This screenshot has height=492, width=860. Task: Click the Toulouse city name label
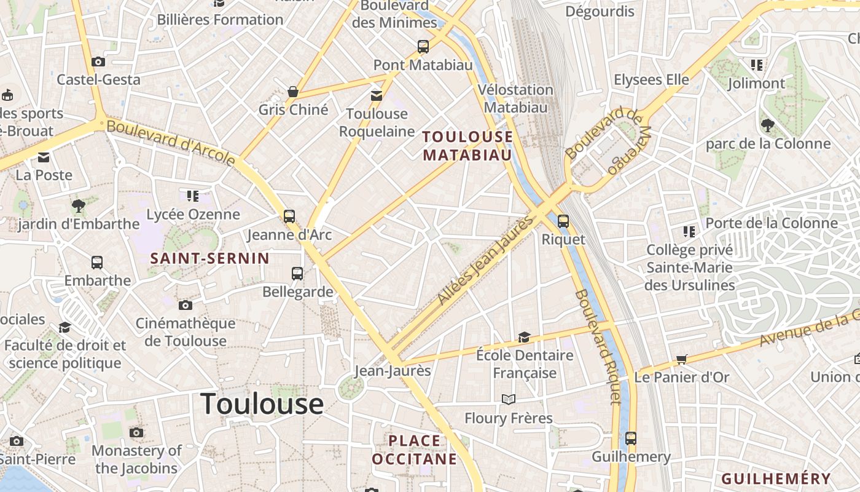[x=262, y=403]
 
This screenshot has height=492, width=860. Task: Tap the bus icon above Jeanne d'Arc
[x=289, y=216]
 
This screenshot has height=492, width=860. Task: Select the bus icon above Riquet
[x=563, y=221]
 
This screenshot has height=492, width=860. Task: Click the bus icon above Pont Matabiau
[x=423, y=46]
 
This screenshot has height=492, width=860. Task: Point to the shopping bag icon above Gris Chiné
[x=293, y=92]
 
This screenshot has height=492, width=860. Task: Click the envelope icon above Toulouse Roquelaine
[x=376, y=95]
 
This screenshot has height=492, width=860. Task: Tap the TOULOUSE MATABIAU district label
[x=467, y=146]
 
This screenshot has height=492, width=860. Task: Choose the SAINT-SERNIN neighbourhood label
[x=210, y=258]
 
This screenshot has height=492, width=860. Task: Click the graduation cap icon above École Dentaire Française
[x=524, y=337]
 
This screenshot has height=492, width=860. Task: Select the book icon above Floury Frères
[x=508, y=400]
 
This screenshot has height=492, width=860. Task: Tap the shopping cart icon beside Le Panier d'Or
[x=681, y=359]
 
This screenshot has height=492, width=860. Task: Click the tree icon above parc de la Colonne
[x=767, y=125]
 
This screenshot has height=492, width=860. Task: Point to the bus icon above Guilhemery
[x=631, y=438]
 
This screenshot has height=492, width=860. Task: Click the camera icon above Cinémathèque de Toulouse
[x=185, y=305]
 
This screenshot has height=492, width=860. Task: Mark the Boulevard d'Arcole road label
[x=171, y=143]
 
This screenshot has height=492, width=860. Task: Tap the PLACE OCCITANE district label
[x=415, y=450]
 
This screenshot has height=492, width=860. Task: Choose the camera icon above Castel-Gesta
[x=98, y=61]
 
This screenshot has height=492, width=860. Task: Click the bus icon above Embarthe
[x=97, y=263]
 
